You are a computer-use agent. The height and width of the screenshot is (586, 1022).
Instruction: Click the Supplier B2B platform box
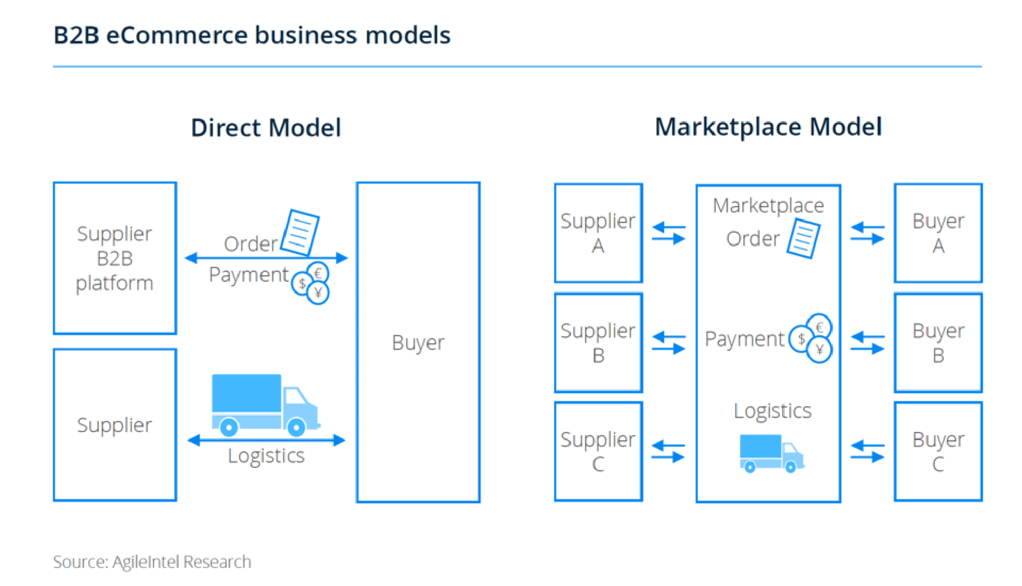tap(115, 258)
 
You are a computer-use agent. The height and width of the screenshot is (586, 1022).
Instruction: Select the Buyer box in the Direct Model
tap(418, 342)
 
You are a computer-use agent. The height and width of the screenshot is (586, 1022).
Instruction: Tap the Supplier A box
tap(599, 233)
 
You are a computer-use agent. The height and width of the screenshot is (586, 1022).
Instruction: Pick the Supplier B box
tap(599, 343)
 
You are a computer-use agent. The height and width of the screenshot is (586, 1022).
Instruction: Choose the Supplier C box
tap(599, 452)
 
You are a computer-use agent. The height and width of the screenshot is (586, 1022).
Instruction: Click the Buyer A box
tap(938, 233)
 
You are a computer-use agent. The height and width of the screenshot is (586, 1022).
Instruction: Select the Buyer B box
tap(938, 343)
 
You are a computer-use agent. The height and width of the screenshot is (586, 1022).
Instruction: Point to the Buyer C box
tap(938, 452)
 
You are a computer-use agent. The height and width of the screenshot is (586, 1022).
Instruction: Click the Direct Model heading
tap(266, 128)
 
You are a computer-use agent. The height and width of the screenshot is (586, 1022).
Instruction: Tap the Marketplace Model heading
tap(768, 127)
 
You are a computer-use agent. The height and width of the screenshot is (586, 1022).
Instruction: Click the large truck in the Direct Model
tap(265, 405)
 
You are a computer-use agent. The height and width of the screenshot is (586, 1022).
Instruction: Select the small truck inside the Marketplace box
tap(772, 453)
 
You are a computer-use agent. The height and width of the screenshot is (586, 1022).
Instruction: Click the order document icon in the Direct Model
tap(300, 232)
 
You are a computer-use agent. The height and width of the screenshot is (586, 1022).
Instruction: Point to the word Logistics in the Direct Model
tap(266, 456)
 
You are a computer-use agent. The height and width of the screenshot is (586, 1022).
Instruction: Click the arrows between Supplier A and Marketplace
tap(669, 233)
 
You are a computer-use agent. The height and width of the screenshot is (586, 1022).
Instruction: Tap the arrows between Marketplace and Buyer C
tap(867, 452)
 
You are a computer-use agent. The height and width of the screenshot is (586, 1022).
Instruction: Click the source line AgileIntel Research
tap(152, 562)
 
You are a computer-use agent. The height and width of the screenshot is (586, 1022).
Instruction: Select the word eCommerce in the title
tap(177, 35)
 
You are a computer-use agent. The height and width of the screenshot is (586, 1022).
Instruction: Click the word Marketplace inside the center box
tap(768, 206)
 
